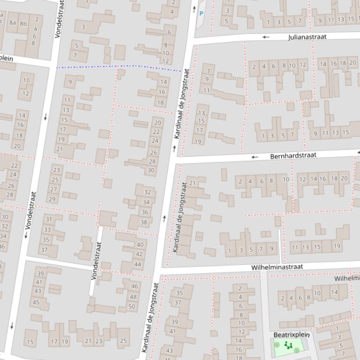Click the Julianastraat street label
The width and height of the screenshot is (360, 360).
pos(307,36)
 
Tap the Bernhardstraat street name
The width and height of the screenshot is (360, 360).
pos(293,155)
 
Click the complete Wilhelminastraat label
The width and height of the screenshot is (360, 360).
pos(277,267)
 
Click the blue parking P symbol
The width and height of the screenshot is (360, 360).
pos(201,14)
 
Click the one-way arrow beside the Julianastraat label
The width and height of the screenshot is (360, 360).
pos(266,37)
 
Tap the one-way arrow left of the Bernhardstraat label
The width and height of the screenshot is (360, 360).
pos(255,157)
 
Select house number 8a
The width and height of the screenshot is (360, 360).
pos(12,22)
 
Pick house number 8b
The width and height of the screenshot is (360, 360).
pos(23,22)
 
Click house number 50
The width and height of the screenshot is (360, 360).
pos(132,307)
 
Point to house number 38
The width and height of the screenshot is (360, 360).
pos(144,223)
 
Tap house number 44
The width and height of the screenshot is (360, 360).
pos(138,264)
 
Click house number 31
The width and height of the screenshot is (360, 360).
pos(48,219)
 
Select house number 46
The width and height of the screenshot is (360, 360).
pos(135,286)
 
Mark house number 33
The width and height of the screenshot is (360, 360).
pos(47,230)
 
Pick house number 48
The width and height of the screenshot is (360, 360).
pos(133,296)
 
